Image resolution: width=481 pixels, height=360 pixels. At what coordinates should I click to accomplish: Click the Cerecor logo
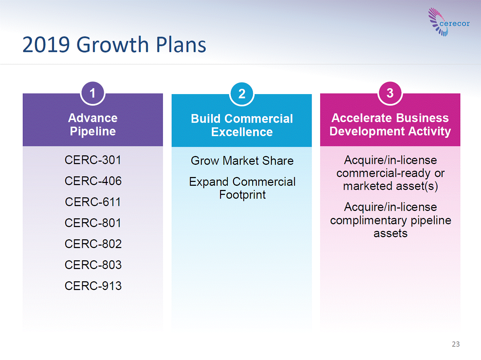449,22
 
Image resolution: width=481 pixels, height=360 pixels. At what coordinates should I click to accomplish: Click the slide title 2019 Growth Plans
114,45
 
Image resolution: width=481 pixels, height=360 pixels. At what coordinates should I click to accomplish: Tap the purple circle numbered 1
93,93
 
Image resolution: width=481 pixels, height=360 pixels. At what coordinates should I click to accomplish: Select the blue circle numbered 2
242,94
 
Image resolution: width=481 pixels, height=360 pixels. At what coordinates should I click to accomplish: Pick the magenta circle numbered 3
390,93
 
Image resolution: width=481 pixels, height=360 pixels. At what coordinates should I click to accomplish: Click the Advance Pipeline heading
93,125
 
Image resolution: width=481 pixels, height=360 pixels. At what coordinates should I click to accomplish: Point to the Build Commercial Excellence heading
242,125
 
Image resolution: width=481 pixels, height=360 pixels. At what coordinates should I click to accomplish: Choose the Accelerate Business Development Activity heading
390,125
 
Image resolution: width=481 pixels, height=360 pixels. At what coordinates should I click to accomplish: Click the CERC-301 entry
93,160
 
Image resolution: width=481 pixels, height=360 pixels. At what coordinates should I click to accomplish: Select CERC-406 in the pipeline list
93,181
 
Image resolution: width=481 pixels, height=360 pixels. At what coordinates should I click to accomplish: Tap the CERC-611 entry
93,202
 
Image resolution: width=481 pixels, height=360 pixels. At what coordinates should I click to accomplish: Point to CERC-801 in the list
93,223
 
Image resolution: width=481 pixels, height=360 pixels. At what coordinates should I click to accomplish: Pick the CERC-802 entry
93,244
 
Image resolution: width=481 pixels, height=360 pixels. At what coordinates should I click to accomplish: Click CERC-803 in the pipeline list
93,265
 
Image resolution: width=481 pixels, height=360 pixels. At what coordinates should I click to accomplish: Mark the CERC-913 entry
93,286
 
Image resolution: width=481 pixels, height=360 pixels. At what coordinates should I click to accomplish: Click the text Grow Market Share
242,161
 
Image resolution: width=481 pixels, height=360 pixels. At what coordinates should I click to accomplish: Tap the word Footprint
242,195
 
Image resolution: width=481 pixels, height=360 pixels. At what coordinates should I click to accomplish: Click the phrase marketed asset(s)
390,186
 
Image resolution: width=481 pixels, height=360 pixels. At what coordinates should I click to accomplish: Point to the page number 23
456,344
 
